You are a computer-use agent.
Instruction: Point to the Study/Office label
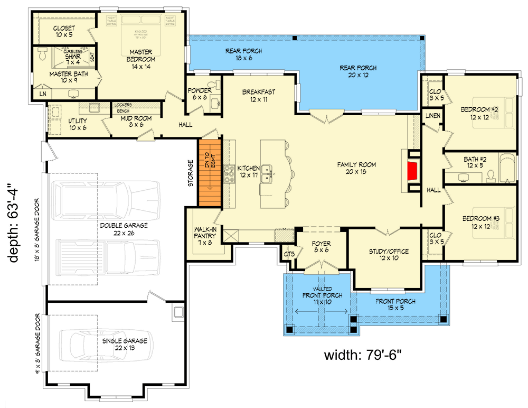388,254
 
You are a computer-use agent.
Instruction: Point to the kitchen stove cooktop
230,173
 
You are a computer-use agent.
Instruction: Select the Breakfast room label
258,95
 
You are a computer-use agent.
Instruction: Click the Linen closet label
432,116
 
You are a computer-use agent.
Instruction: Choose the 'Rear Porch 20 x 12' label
359,71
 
